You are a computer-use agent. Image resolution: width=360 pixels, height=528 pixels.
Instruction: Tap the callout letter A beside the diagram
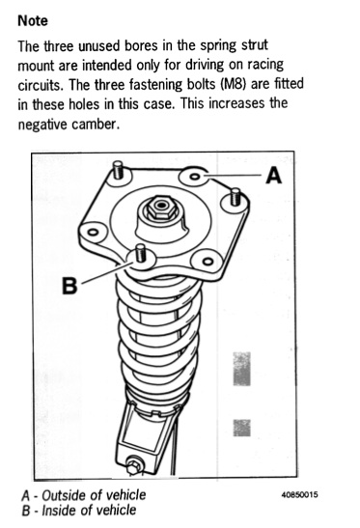(273, 176)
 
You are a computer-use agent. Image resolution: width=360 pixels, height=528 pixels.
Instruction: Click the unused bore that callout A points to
(196, 177)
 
